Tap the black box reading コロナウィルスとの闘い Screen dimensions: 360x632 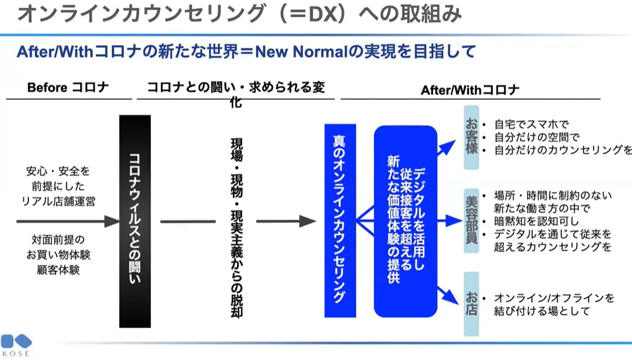click(x=135, y=221)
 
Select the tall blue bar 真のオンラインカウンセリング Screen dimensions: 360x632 click(x=340, y=221)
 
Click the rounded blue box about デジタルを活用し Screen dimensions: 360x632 click(x=405, y=221)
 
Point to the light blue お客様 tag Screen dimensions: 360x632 click(x=471, y=137)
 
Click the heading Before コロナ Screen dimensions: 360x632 click(x=68, y=88)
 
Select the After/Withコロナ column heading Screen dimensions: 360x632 click(x=470, y=90)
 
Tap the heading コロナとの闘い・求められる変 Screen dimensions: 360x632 click(x=235, y=88)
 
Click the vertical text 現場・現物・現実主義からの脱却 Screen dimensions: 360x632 click(x=237, y=227)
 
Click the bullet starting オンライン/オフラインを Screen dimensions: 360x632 click(x=554, y=298)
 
